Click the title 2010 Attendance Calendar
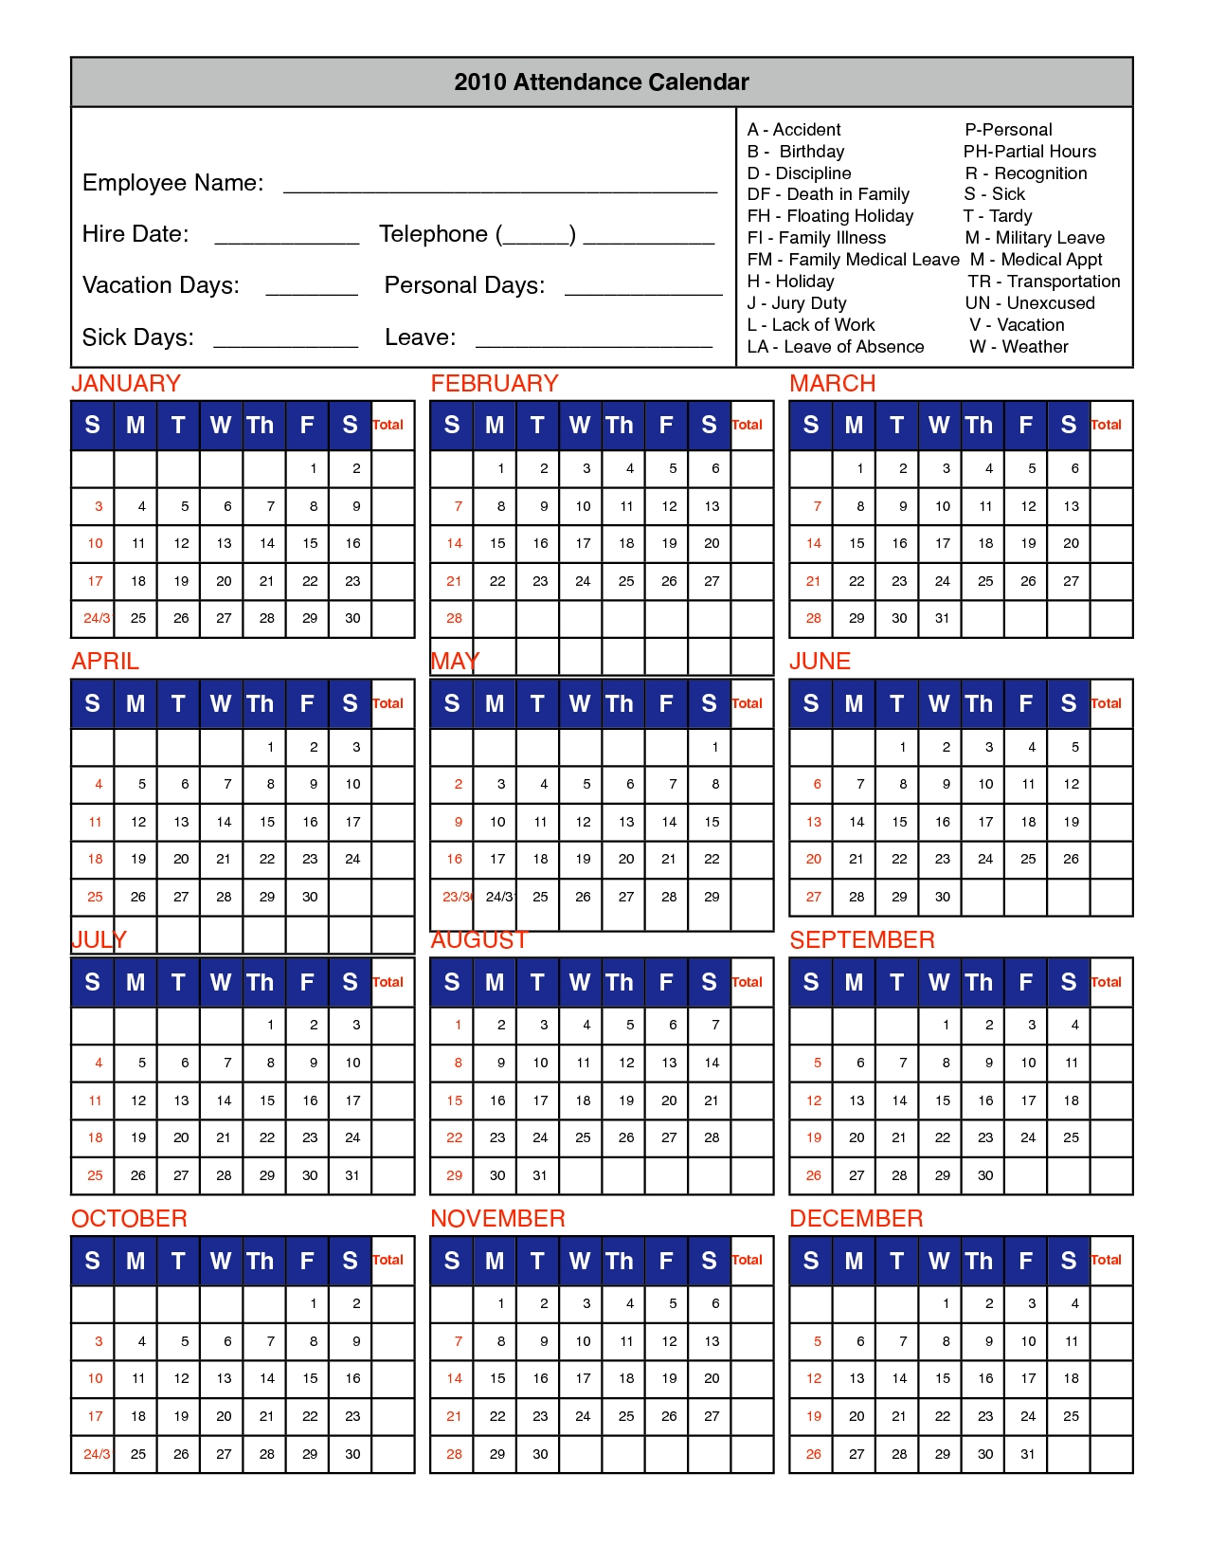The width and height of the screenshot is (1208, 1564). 602,82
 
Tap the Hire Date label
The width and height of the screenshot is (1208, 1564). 135,234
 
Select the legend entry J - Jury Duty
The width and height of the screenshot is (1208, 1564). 797,303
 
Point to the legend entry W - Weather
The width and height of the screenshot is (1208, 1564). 1019,347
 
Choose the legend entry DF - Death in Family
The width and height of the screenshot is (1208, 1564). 828,194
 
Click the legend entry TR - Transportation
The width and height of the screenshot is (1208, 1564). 1043,282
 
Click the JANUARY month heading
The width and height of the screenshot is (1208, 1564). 126,384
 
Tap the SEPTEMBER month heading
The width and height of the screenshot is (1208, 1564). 862,940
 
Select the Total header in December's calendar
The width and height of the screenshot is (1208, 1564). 1106,1260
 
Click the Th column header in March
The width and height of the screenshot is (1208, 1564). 980,426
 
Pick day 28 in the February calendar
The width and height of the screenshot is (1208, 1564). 454,618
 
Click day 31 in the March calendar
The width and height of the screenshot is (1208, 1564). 942,618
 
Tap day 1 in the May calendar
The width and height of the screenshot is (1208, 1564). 714,747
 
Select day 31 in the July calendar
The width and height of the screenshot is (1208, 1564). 352,1175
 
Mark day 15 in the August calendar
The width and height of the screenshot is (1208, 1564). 454,1100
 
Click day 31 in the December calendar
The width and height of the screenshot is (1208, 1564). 1028,1454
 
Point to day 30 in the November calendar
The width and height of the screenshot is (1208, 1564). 540,1454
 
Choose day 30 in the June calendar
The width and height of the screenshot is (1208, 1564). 942,897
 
